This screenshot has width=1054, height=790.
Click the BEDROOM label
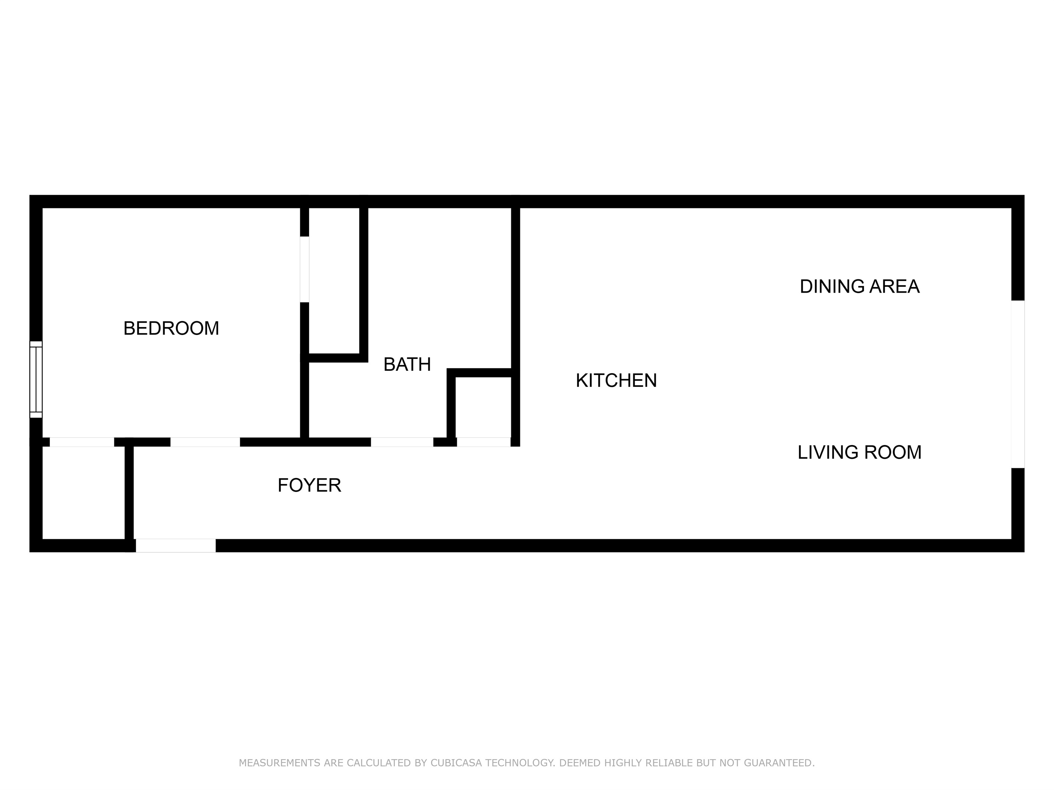point(171,329)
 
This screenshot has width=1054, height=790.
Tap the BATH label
point(407,365)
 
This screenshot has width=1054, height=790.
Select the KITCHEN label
point(616,381)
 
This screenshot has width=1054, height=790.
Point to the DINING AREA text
point(859,287)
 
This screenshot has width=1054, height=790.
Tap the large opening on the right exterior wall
point(1017,384)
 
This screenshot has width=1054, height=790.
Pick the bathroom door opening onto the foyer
point(402,442)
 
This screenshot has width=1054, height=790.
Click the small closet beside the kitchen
point(483,407)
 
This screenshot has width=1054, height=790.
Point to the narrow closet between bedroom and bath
point(334,281)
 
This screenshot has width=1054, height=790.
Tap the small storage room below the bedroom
point(84,493)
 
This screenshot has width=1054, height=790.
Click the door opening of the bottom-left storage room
point(82,442)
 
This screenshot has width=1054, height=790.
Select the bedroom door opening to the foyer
point(205,442)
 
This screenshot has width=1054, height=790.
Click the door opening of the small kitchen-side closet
point(483,442)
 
